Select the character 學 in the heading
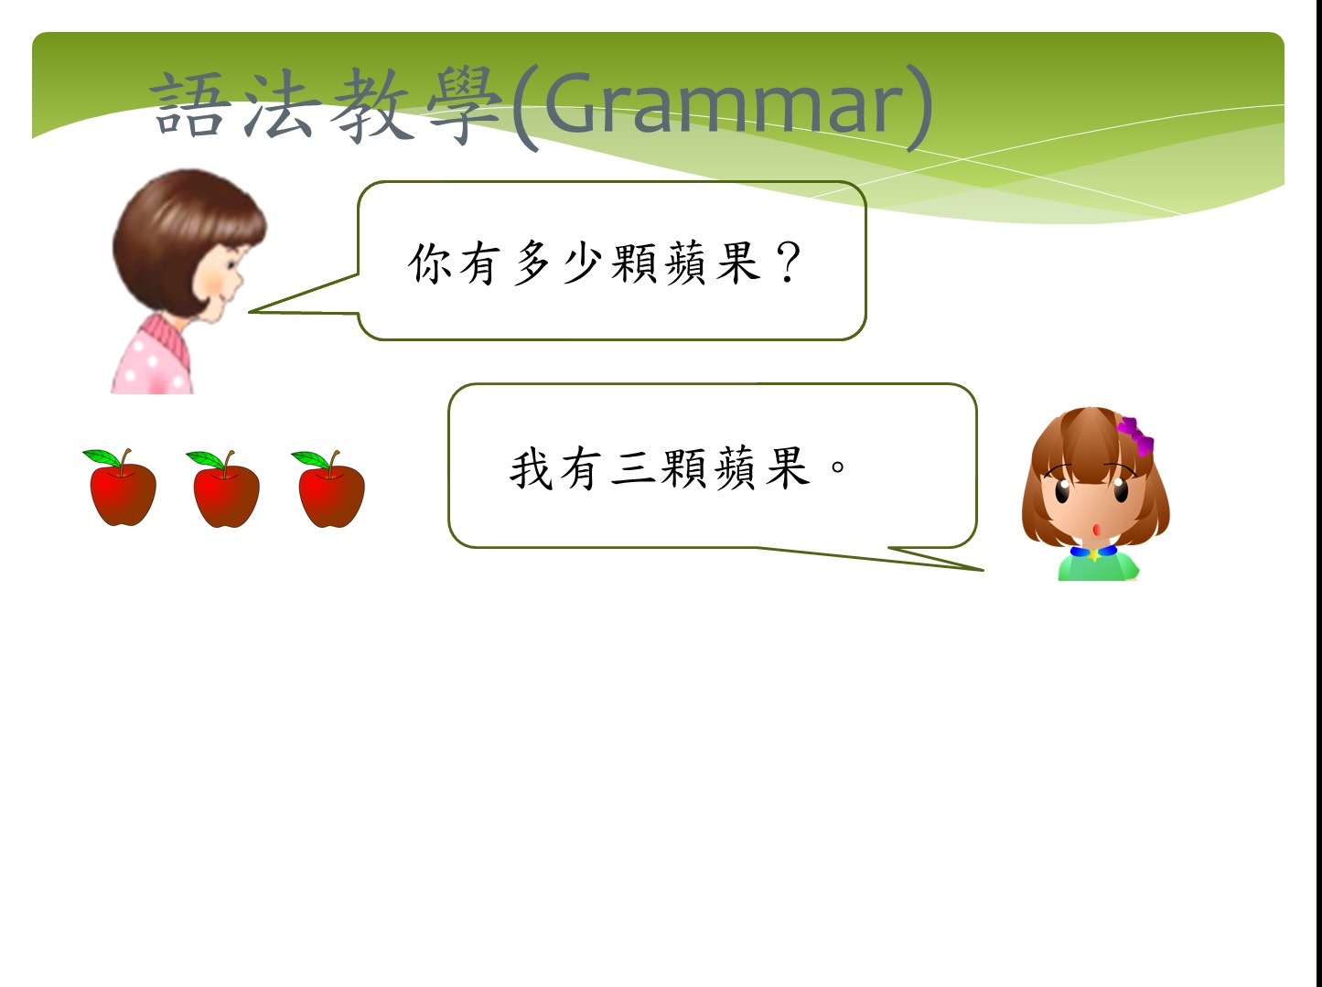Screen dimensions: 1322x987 (x=464, y=105)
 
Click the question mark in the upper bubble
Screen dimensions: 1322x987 (x=788, y=263)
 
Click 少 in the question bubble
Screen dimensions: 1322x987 (x=582, y=263)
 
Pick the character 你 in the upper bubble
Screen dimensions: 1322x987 (x=430, y=263)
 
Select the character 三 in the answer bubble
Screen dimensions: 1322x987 (x=632, y=468)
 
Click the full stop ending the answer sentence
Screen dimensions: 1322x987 (x=838, y=467)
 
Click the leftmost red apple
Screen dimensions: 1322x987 (x=122, y=488)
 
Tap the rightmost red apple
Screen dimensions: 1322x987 (x=330, y=489)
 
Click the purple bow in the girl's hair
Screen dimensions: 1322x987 (x=1136, y=436)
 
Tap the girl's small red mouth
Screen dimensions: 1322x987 (x=1097, y=530)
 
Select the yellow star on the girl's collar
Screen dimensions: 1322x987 (x=1094, y=554)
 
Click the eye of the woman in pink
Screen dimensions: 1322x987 (x=231, y=265)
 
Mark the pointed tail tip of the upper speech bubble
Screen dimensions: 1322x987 (x=250, y=311)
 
